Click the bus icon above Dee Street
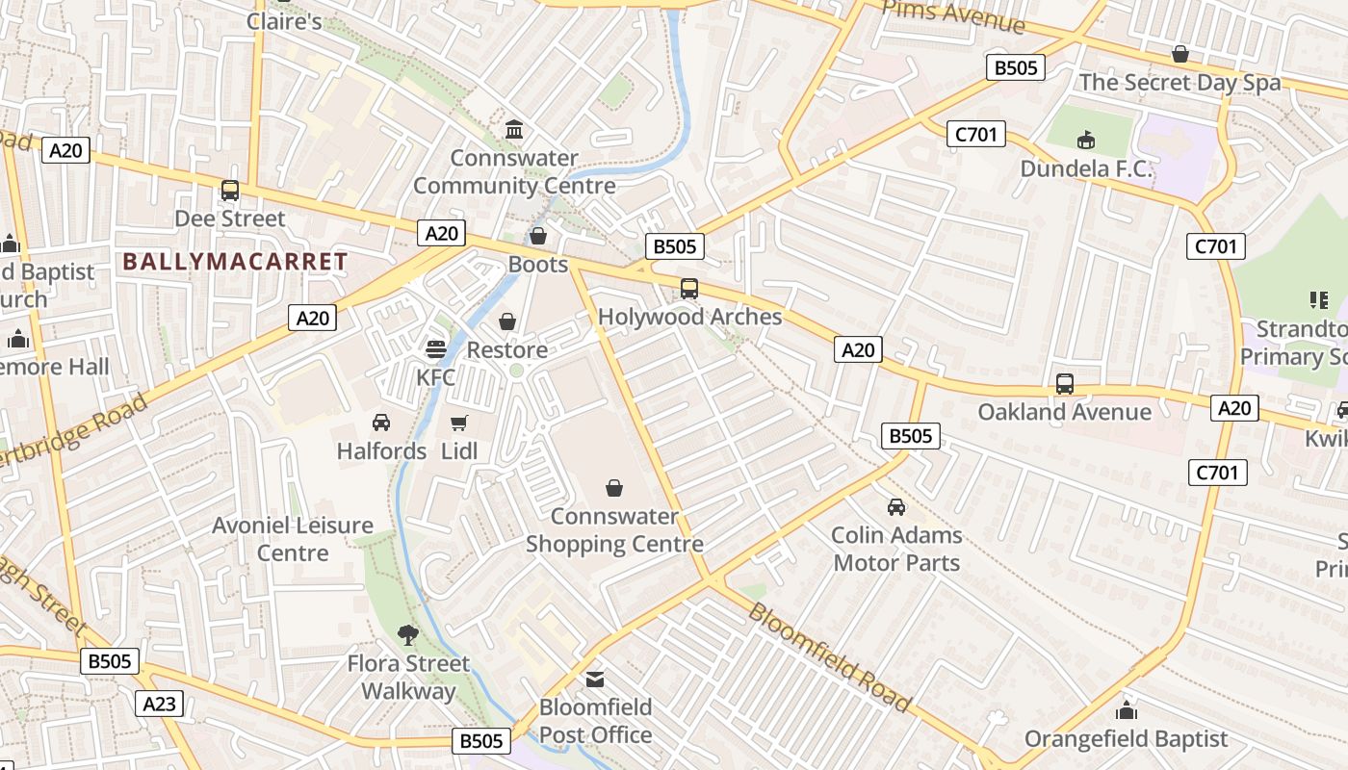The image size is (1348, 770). tap(229, 191)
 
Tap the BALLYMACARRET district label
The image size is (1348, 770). tap(235, 261)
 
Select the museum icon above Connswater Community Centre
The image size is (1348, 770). tap(514, 129)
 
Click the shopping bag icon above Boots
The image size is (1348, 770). tap(538, 236)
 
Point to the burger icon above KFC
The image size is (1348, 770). tap(435, 348)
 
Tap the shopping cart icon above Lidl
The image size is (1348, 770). tap(459, 423)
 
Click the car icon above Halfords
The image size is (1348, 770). tap(381, 423)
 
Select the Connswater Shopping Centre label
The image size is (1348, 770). tap(614, 530)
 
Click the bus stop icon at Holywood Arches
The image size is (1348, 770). tap(689, 288)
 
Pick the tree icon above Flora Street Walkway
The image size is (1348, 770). tap(408, 634)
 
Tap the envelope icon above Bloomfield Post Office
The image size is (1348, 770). tap(595, 679)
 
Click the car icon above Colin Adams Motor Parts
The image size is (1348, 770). tap(896, 506)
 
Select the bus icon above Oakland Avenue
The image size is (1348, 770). tap(1064, 383)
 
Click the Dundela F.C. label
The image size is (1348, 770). tap(1086, 168)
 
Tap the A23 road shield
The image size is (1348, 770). tap(159, 704)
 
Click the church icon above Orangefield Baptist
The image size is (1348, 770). tap(1126, 711)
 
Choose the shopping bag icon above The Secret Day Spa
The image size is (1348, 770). tap(1179, 54)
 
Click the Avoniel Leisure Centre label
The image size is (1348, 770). tap(293, 539)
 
